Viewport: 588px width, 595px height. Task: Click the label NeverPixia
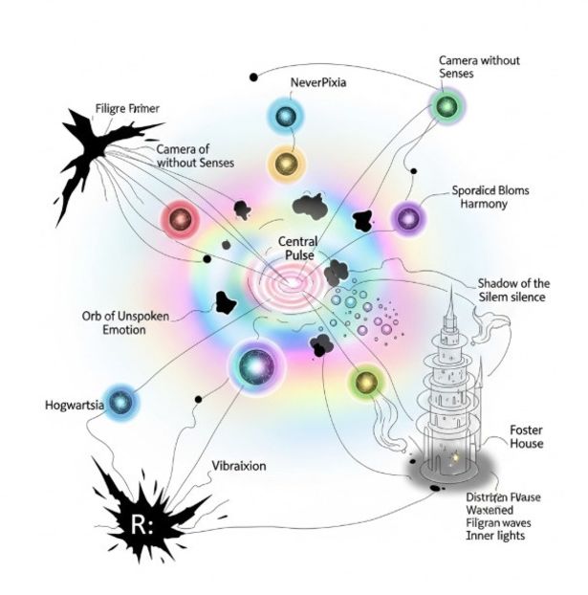pos(317,83)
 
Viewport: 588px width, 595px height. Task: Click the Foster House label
pos(526,437)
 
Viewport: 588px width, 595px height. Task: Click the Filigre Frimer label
pos(127,109)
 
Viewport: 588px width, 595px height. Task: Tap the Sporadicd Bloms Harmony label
pos(490,197)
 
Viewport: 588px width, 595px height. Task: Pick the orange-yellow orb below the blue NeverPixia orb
pos(285,162)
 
